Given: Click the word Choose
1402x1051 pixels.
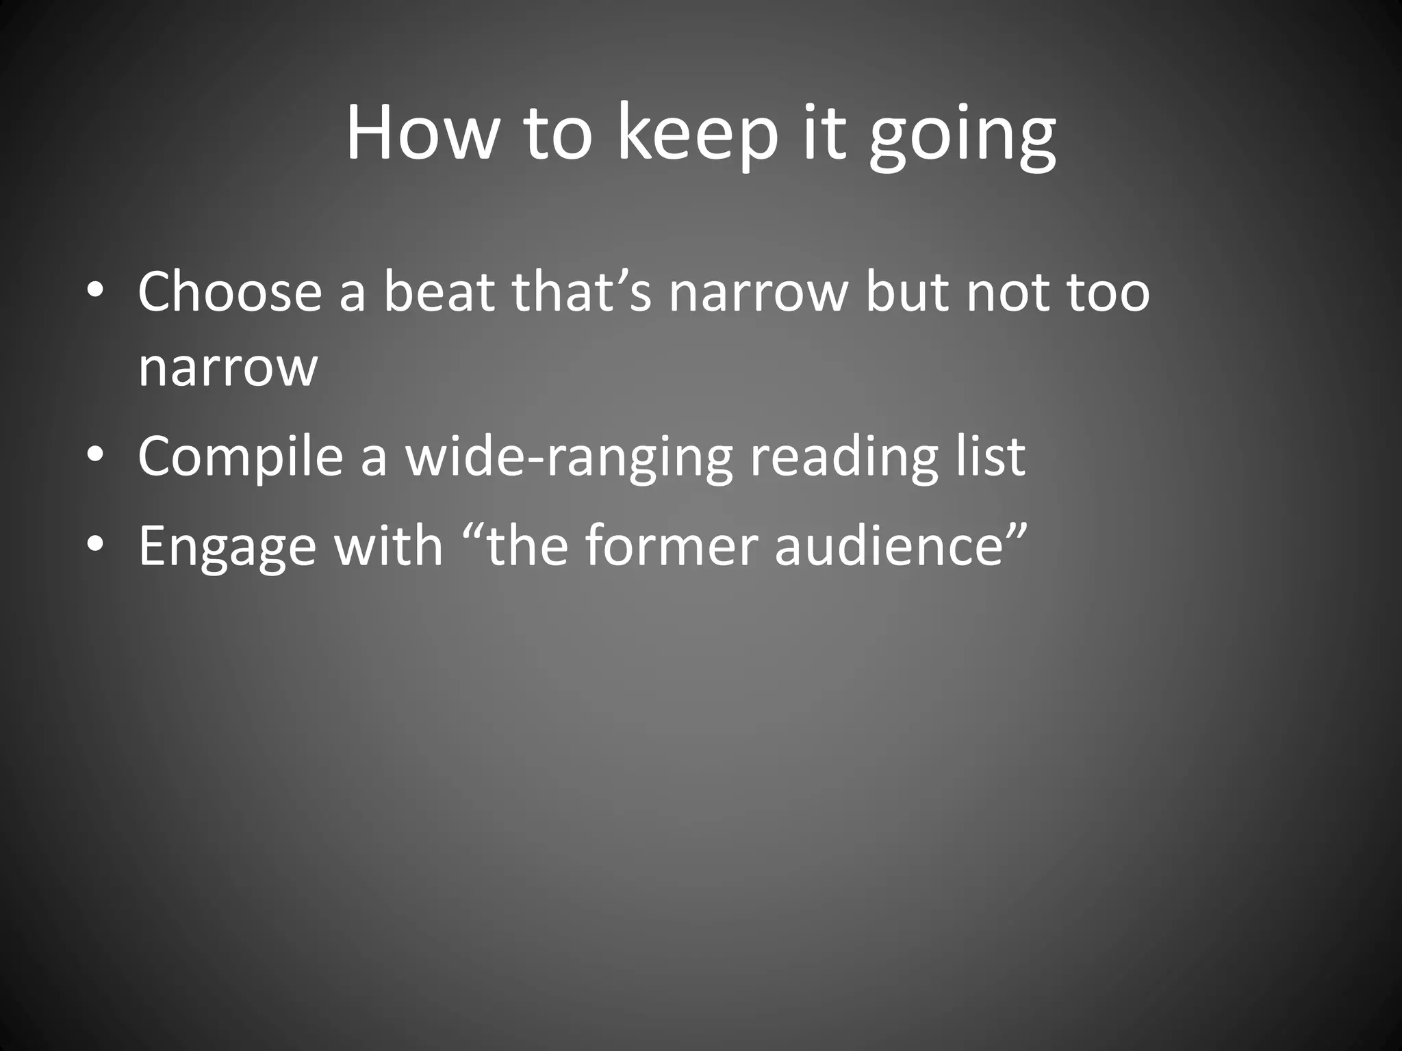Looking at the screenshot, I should pos(230,291).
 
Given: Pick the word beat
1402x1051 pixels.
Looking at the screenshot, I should pos(439,291).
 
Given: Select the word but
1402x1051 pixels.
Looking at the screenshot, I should pos(907,291).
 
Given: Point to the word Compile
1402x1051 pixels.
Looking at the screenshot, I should pos(240,456).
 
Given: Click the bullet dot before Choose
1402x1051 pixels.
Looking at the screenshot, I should pos(95,291).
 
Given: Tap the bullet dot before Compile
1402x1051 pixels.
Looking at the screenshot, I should pos(95,456).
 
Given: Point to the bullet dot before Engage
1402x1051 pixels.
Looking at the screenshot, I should pos(95,545).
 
